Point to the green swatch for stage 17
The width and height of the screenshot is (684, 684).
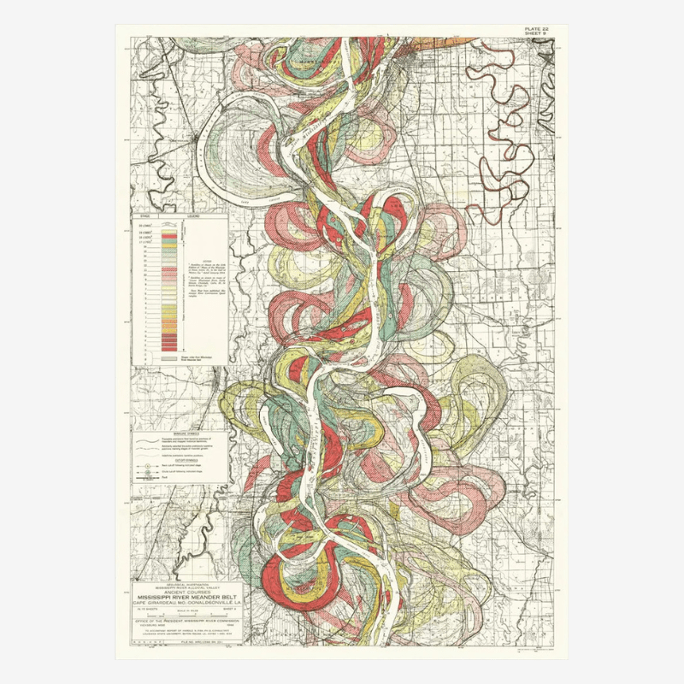(169, 242)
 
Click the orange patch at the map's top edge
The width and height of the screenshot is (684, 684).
(466, 39)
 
